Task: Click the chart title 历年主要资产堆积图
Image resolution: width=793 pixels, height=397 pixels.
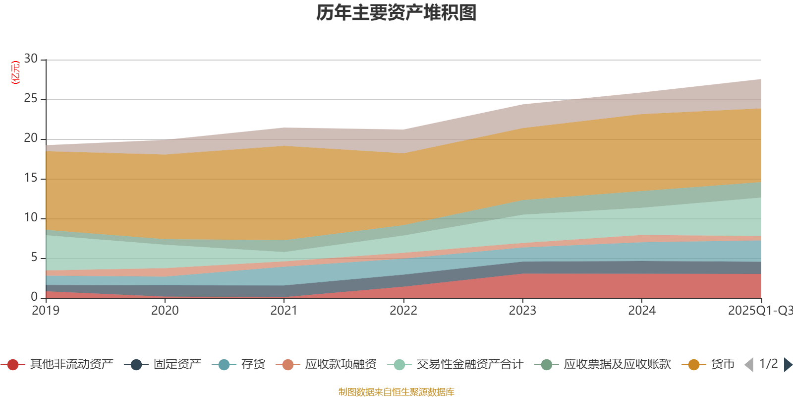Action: [396, 13]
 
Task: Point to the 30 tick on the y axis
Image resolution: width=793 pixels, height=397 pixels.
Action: [31, 59]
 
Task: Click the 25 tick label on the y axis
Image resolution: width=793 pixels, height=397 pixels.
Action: [31, 99]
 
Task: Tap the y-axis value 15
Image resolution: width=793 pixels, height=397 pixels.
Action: [31, 178]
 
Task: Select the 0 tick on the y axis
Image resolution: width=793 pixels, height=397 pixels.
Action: [34, 297]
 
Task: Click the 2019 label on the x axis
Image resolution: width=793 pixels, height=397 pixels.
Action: [46, 311]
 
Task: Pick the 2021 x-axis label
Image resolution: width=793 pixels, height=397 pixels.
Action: [284, 311]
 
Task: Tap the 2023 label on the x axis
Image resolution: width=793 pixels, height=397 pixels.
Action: [522, 311]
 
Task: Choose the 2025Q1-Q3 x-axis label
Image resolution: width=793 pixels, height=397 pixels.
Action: [759, 311]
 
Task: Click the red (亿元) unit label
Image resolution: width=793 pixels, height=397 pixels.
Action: [15, 72]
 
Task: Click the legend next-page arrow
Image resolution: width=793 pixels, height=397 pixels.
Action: [788, 365]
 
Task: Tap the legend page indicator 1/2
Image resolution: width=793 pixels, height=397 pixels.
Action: [768, 364]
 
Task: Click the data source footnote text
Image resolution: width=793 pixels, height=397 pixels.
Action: [396, 392]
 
